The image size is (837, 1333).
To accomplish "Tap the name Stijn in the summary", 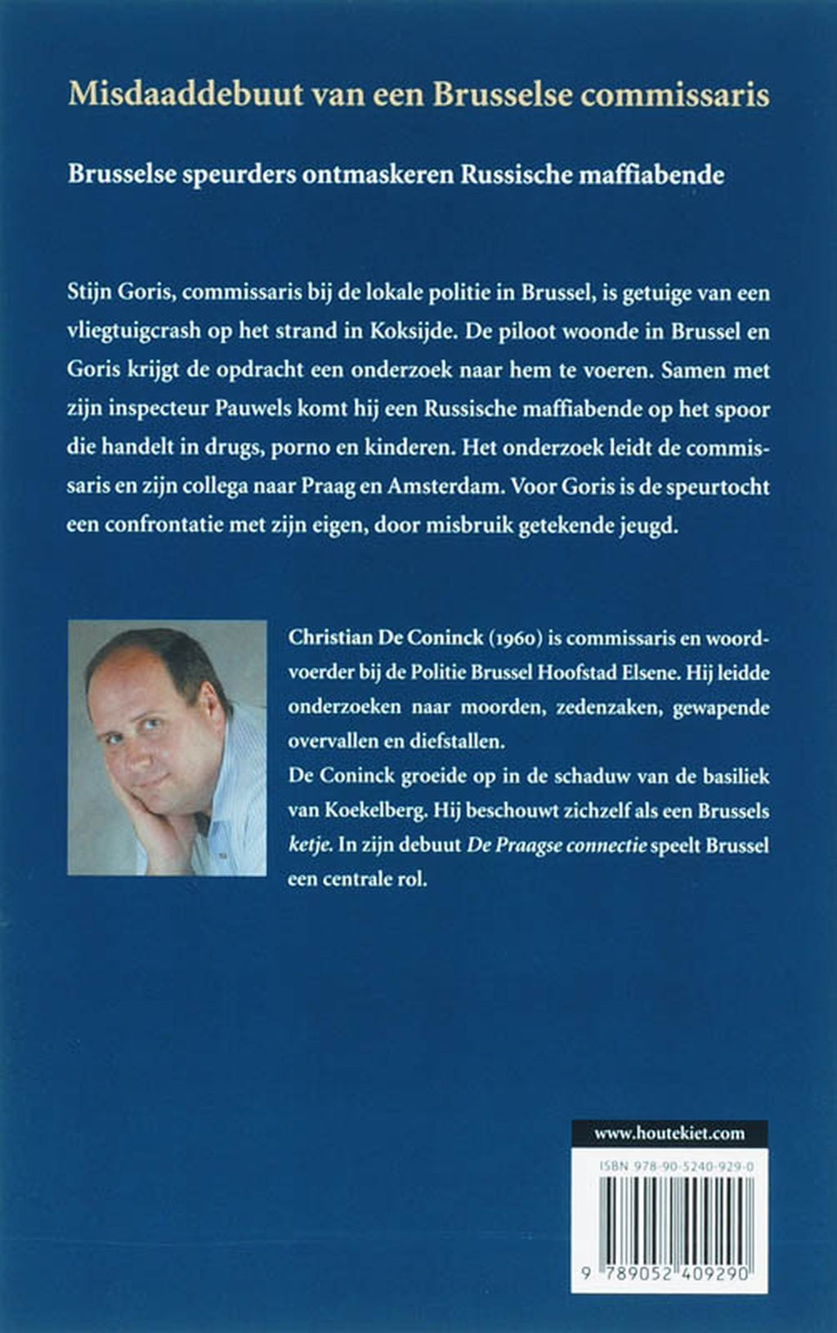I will (x=89, y=293).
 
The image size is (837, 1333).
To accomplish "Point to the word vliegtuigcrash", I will (x=135, y=332).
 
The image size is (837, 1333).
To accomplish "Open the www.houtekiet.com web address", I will (x=669, y=1133).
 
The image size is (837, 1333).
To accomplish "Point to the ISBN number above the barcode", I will (x=675, y=1168).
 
